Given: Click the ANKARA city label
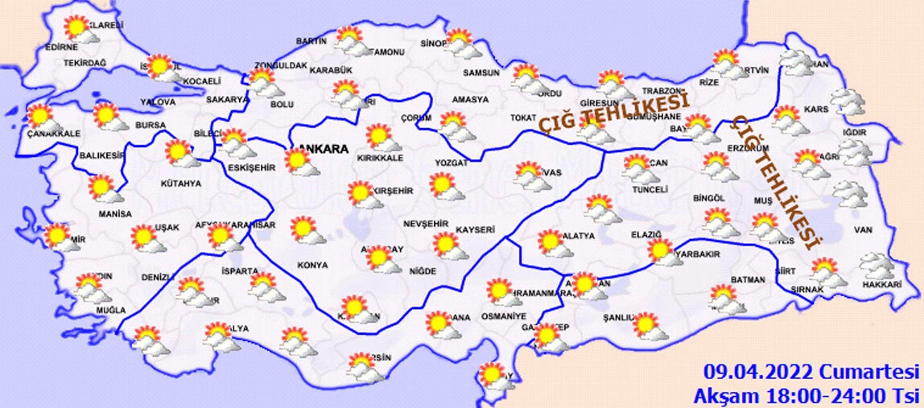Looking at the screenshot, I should coord(324,149).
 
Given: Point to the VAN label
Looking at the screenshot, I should coord(864,231).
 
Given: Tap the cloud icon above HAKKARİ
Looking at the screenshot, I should coord(876,264).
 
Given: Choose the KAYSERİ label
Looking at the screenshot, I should coord(475,230).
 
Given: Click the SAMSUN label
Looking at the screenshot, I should coord(481,72).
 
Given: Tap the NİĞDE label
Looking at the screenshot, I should coord(422,270).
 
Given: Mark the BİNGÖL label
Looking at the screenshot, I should coord(708,198).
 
